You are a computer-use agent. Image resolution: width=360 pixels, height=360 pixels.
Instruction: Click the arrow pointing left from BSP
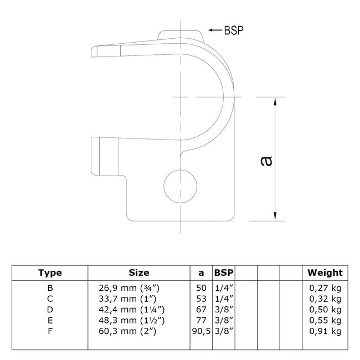click(216, 29)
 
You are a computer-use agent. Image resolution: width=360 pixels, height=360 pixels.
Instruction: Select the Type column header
click(50, 272)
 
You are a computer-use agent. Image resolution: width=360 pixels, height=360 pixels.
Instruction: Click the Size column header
click(138, 272)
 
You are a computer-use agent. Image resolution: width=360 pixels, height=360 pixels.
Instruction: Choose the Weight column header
click(325, 272)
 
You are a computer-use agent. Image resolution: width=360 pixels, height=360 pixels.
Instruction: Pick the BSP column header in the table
click(224, 272)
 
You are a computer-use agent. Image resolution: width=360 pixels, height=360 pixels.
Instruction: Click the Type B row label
click(50, 287)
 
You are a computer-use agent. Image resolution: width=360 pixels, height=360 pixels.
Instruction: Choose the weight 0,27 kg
click(325, 287)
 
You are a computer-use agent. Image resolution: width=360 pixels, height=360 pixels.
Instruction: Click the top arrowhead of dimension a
click(275, 100)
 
